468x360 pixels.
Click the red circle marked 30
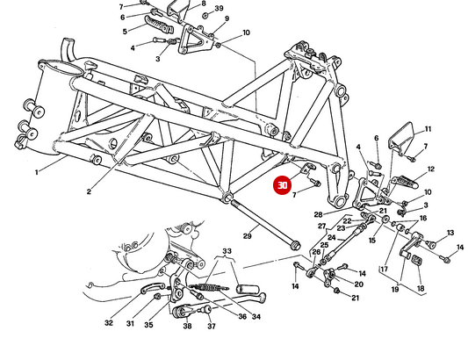click(282, 185)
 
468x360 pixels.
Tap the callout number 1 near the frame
click(37, 173)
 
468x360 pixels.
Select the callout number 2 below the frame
click(89, 191)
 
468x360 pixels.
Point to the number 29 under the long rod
click(248, 235)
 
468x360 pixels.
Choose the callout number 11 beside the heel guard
click(428, 128)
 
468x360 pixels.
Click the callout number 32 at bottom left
click(109, 323)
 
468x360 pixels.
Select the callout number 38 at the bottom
click(187, 326)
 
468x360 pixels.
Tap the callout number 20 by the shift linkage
click(358, 284)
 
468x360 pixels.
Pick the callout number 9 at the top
click(226, 18)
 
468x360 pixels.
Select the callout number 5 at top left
click(125, 31)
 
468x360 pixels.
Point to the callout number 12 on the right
click(431, 169)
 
